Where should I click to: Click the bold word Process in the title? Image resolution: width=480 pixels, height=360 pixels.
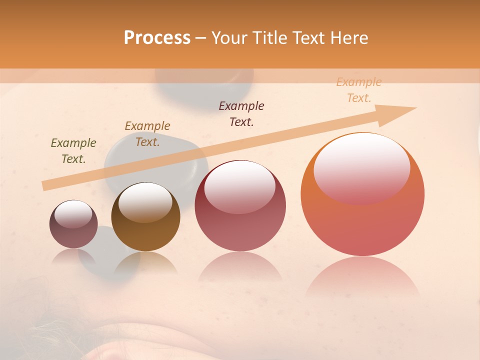tap(157, 38)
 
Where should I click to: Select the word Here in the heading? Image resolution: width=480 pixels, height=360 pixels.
tap(348, 38)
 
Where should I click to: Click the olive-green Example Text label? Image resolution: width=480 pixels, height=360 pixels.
tap(73, 151)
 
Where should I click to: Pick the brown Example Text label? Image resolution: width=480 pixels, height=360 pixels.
tap(147, 134)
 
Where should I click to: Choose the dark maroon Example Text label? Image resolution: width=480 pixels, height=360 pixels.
tap(241, 113)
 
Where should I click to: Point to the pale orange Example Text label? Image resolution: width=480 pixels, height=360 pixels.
tap(359, 90)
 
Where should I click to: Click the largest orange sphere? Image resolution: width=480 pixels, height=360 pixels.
tap(362, 220)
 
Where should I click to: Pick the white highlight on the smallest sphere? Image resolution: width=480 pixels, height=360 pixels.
tap(73, 214)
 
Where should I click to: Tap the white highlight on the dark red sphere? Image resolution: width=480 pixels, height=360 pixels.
tap(240, 186)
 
